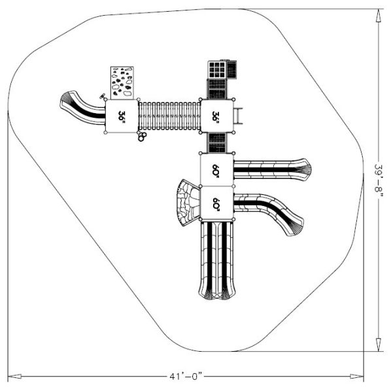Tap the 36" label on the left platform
[x=122, y=116]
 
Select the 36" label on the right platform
[x=216, y=116]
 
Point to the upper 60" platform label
[x=216, y=169]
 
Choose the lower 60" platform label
[x=216, y=203]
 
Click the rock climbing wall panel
[x=122, y=82]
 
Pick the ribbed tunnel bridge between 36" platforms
[x=169, y=116]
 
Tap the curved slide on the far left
[x=82, y=107]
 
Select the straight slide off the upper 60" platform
[x=271, y=169]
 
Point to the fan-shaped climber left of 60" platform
[x=186, y=203]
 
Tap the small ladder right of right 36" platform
[x=241, y=116]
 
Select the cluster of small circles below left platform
[x=141, y=136]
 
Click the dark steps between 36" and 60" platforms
[x=216, y=142]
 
